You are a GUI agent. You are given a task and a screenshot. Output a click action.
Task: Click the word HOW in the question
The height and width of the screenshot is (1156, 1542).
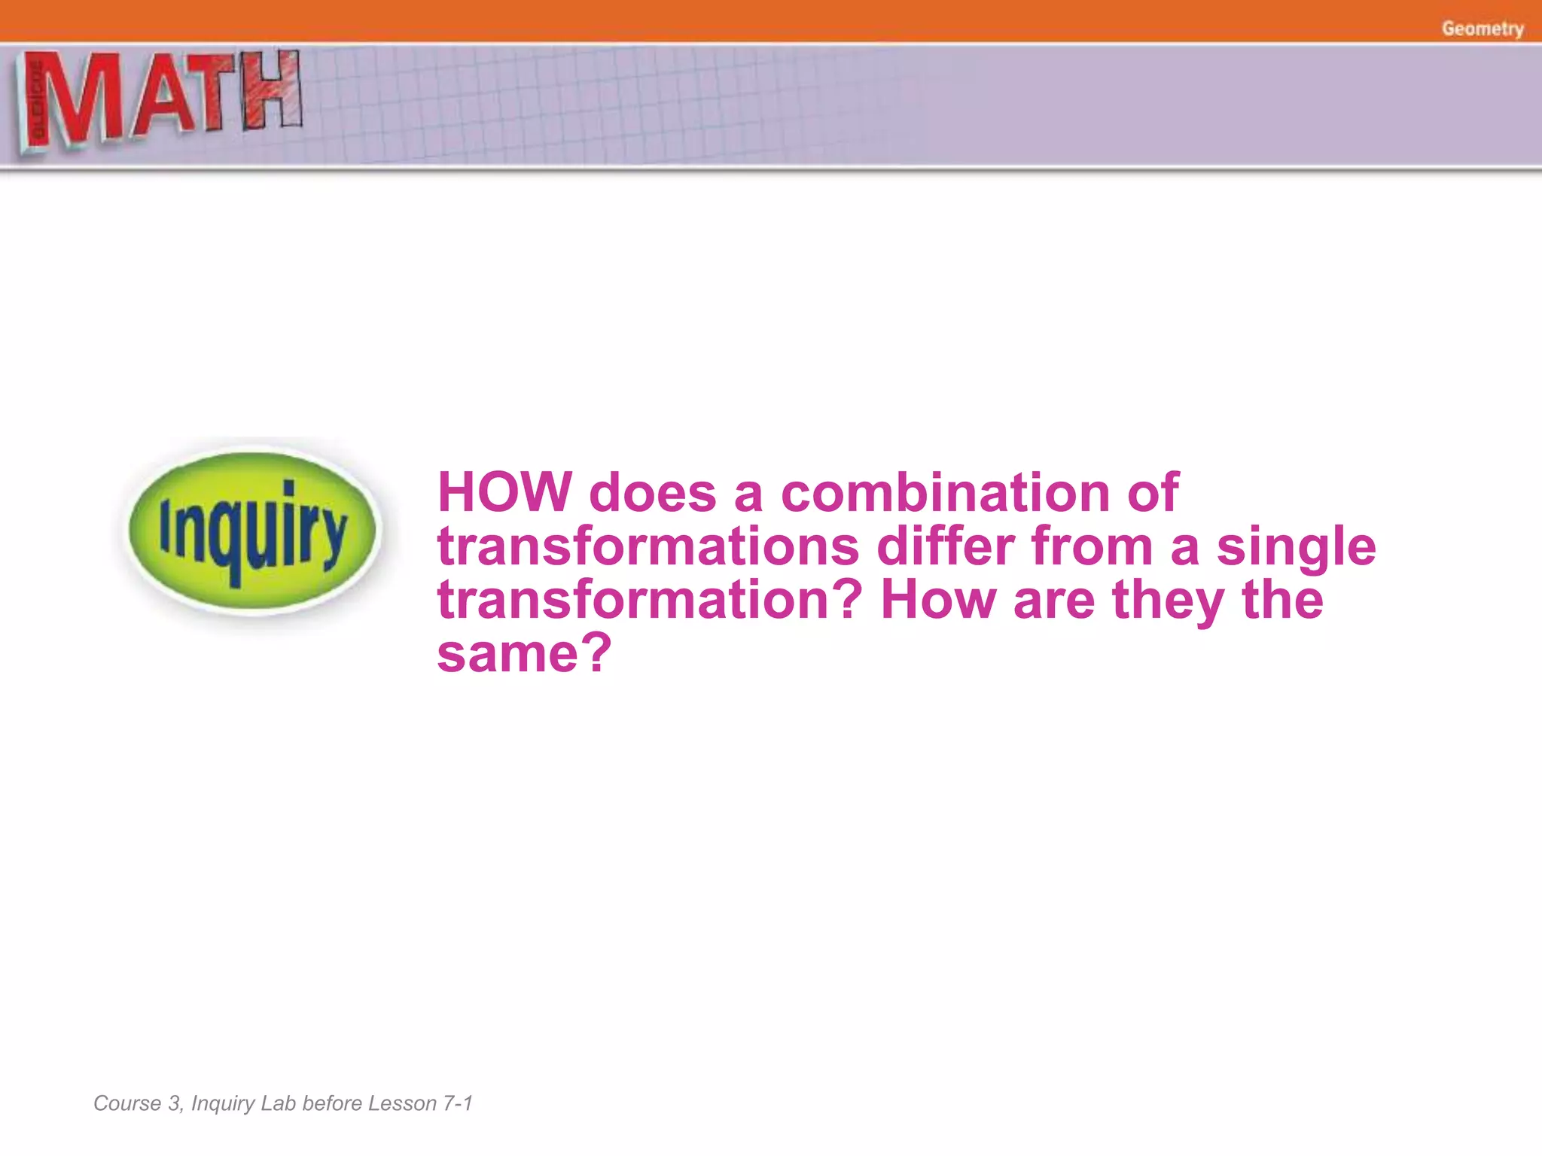(x=504, y=493)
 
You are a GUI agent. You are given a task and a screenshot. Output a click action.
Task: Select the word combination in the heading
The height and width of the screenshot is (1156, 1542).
(x=945, y=493)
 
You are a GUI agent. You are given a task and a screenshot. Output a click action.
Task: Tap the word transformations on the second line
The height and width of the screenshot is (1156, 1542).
(x=648, y=546)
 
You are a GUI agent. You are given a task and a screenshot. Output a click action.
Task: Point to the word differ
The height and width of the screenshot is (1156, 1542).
(x=946, y=546)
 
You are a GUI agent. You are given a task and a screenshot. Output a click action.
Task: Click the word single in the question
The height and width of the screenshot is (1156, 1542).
(x=1297, y=548)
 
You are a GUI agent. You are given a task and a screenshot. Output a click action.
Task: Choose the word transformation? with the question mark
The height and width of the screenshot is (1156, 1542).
(x=650, y=600)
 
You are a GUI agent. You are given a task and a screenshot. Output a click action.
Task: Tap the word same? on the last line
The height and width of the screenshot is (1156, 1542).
(x=524, y=653)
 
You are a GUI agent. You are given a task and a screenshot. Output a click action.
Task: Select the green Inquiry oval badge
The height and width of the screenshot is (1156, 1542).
(x=252, y=531)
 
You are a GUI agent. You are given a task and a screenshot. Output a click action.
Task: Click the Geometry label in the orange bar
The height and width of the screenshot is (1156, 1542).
(x=1483, y=29)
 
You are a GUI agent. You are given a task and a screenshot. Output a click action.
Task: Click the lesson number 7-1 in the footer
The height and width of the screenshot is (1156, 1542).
(x=457, y=1103)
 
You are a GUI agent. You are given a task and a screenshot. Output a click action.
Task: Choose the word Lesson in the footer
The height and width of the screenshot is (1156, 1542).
(x=402, y=1103)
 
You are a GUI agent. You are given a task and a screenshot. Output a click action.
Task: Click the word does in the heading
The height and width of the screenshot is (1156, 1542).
(x=652, y=493)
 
